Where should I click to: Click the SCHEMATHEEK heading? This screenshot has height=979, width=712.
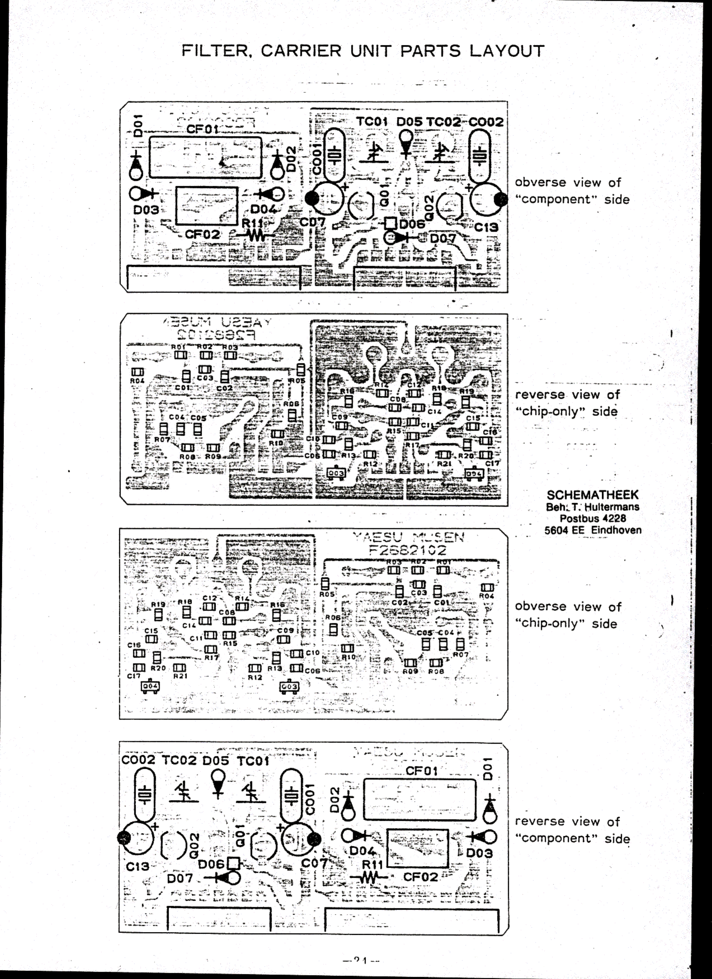click(x=592, y=495)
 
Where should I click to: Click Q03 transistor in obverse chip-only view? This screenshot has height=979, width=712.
click(x=289, y=686)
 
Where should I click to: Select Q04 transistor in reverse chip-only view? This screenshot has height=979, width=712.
click(x=474, y=474)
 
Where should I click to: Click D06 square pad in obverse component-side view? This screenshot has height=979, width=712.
click(x=391, y=223)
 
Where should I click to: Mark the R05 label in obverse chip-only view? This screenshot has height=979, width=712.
click(x=327, y=594)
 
